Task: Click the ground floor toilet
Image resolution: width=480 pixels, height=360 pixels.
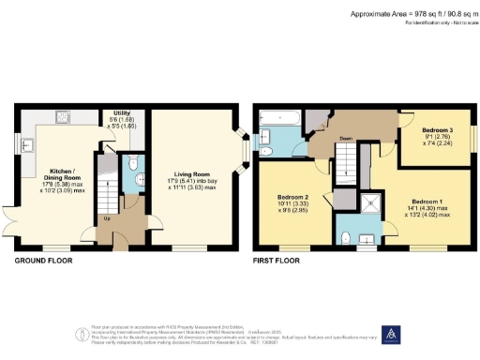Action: (134, 161)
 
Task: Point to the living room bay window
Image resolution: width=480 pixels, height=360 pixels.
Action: (242, 147)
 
